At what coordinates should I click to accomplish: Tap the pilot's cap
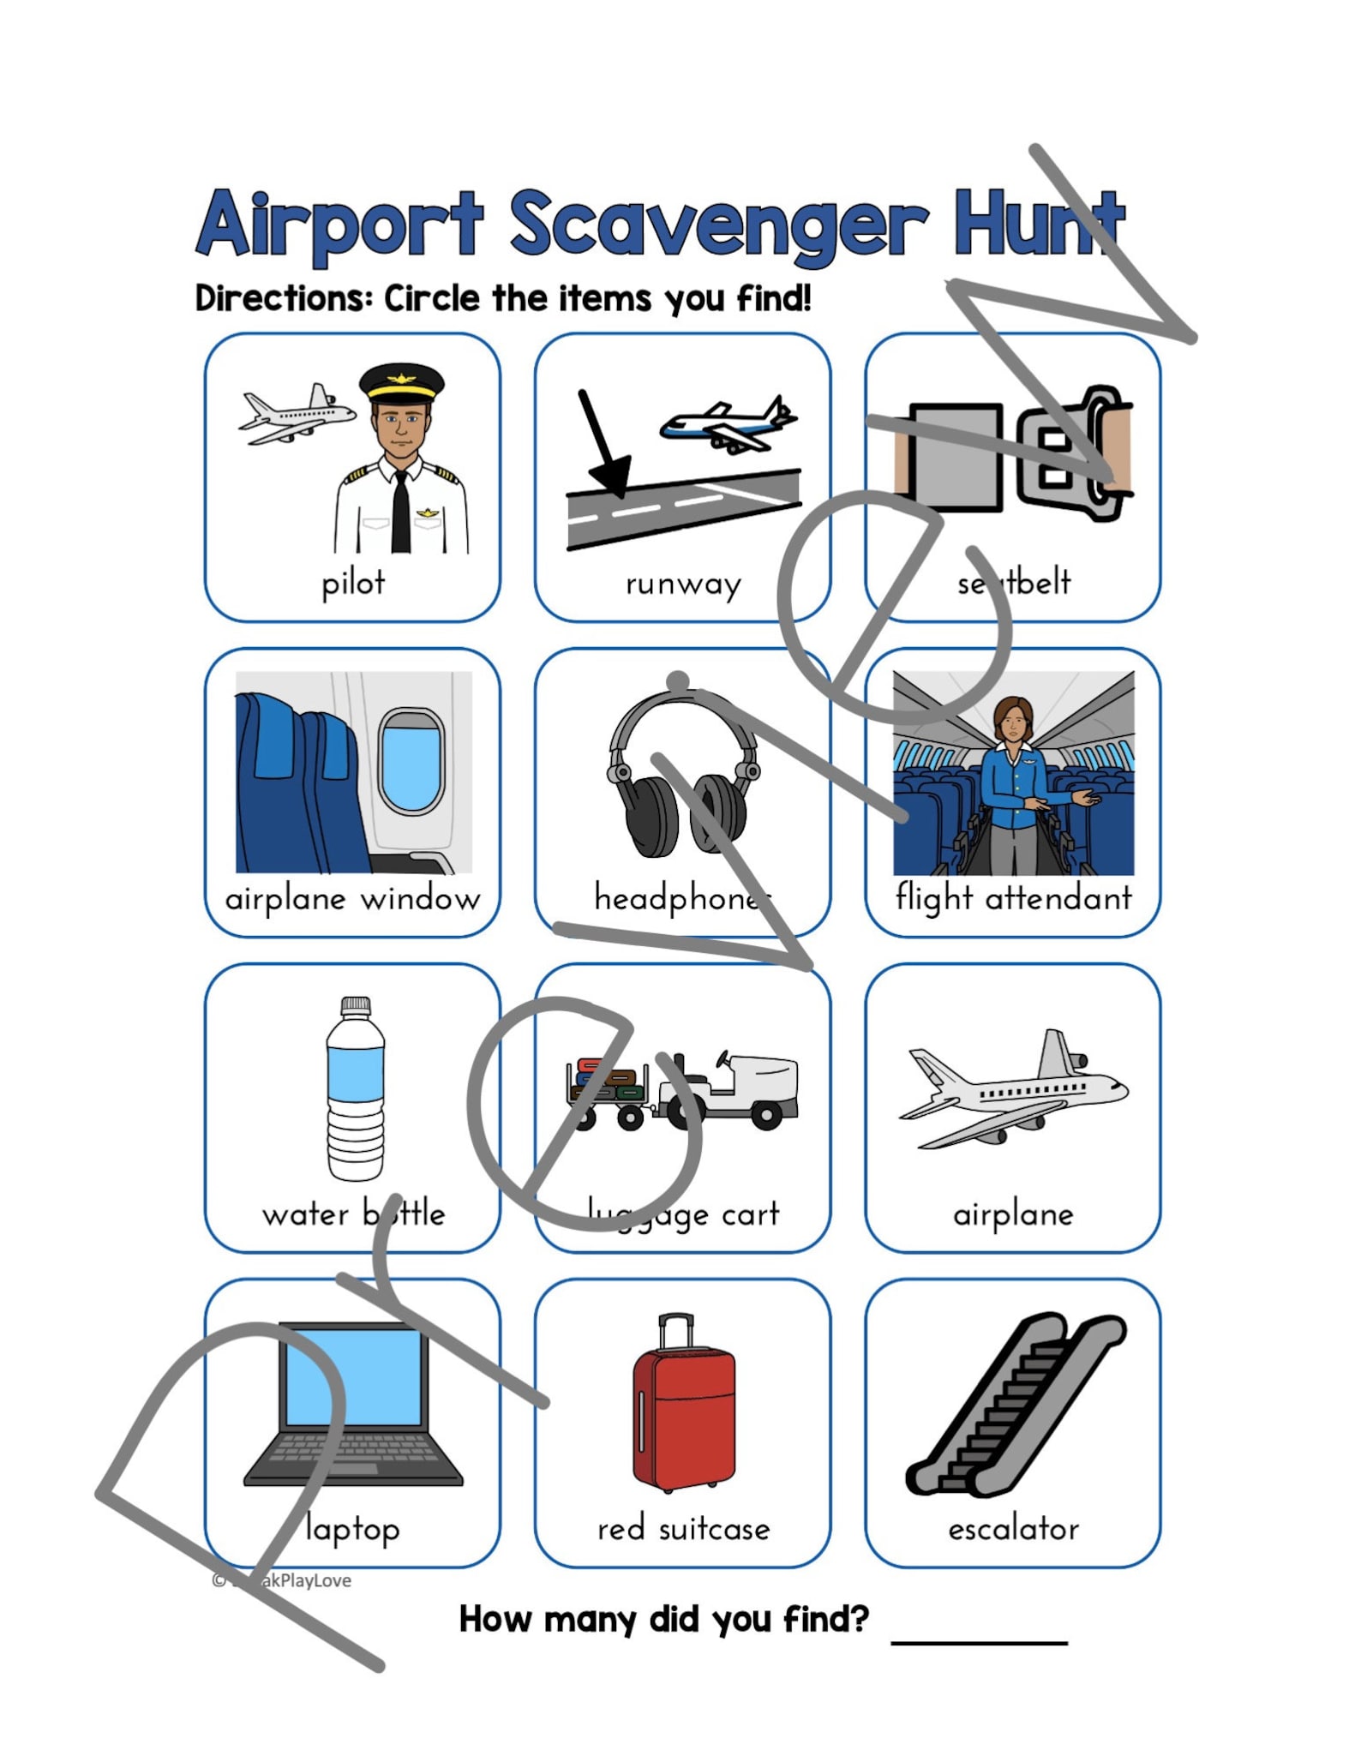[x=401, y=382]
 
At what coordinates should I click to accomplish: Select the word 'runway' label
[x=683, y=584]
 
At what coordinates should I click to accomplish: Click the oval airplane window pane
[x=411, y=762]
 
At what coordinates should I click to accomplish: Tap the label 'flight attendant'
[x=1013, y=898]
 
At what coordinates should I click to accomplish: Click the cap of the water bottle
[x=356, y=1005]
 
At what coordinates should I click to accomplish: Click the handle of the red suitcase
[x=676, y=1329]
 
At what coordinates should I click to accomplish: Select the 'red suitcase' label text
[x=683, y=1529]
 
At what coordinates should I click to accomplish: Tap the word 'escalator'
[x=1013, y=1529]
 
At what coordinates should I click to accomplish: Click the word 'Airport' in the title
[x=340, y=225]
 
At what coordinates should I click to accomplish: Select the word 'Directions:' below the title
[x=284, y=299]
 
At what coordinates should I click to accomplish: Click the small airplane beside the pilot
[x=297, y=416]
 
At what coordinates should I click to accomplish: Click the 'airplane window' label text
[x=352, y=899]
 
